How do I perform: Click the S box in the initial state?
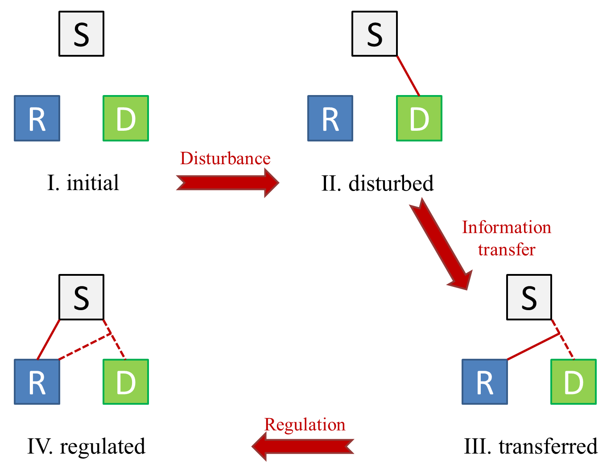[x=81, y=34]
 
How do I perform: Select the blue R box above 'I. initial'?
[x=37, y=118]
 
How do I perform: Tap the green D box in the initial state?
[x=126, y=118]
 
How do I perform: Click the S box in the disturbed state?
[x=374, y=34]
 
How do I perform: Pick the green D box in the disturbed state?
[x=419, y=118]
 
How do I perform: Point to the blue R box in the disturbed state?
[x=330, y=118]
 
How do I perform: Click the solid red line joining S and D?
[x=408, y=76]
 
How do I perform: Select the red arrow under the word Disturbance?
[x=227, y=183]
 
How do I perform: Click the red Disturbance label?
[x=225, y=158]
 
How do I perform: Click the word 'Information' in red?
[x=506, y=228]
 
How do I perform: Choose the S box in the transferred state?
[x=529, y=297]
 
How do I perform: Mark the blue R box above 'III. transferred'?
[x=484, y=382]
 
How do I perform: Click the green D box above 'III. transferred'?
[x=574, y=382]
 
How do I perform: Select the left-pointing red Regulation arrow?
[x=303, y=446]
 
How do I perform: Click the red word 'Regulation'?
[x=305, y=424]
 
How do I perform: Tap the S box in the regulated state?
[x=81, y=297]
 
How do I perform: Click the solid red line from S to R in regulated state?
[x=49, y=339]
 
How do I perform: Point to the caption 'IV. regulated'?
[x=86, y=446]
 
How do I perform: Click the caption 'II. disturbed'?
[x=377, y=183]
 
